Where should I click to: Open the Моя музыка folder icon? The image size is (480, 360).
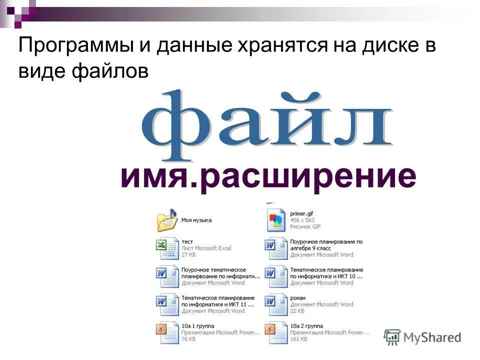tap(167, 220)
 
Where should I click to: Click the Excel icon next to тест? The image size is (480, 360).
tap(167, 248)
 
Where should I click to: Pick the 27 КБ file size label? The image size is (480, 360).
tap(189, 254)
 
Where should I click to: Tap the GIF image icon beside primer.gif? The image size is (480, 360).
tap(275, 220)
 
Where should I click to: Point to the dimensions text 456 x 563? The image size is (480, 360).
tap(302, 220)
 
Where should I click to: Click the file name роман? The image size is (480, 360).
tap(297, 298)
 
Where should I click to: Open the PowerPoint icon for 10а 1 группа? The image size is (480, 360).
tap(167, 332)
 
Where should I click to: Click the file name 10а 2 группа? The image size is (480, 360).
tap(306, 326)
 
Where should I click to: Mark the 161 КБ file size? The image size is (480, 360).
tap(298, 339)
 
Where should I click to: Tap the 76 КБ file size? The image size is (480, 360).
tap(189, 339)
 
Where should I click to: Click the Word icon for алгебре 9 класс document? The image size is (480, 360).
tap(275, 248)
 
